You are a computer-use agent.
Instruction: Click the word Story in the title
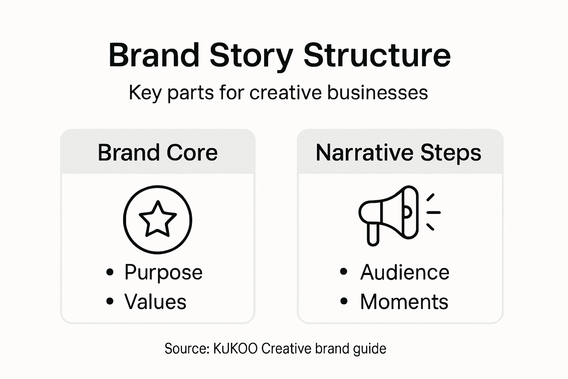coord(251,56)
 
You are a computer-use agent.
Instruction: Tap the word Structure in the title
coord(377,56)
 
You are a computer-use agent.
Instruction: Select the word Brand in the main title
coord(154,56)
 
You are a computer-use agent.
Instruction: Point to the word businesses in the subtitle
coord(377,93)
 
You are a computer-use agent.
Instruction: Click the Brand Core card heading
coord(158,152)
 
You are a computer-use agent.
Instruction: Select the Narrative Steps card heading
coord(398,152)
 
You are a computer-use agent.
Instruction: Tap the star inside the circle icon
coord(158,219)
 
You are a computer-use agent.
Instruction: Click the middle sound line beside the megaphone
coord(434,212)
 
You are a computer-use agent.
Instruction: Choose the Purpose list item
coord(163,272)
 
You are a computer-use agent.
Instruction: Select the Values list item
coord(155,302)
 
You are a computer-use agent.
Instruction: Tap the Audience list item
coord(405,272)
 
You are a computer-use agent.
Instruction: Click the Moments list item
coord(404,302)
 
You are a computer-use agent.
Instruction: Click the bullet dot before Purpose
coord(110,272)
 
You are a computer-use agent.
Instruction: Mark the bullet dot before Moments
coord(344,302)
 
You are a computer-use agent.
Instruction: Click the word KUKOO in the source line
coord(235,349)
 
